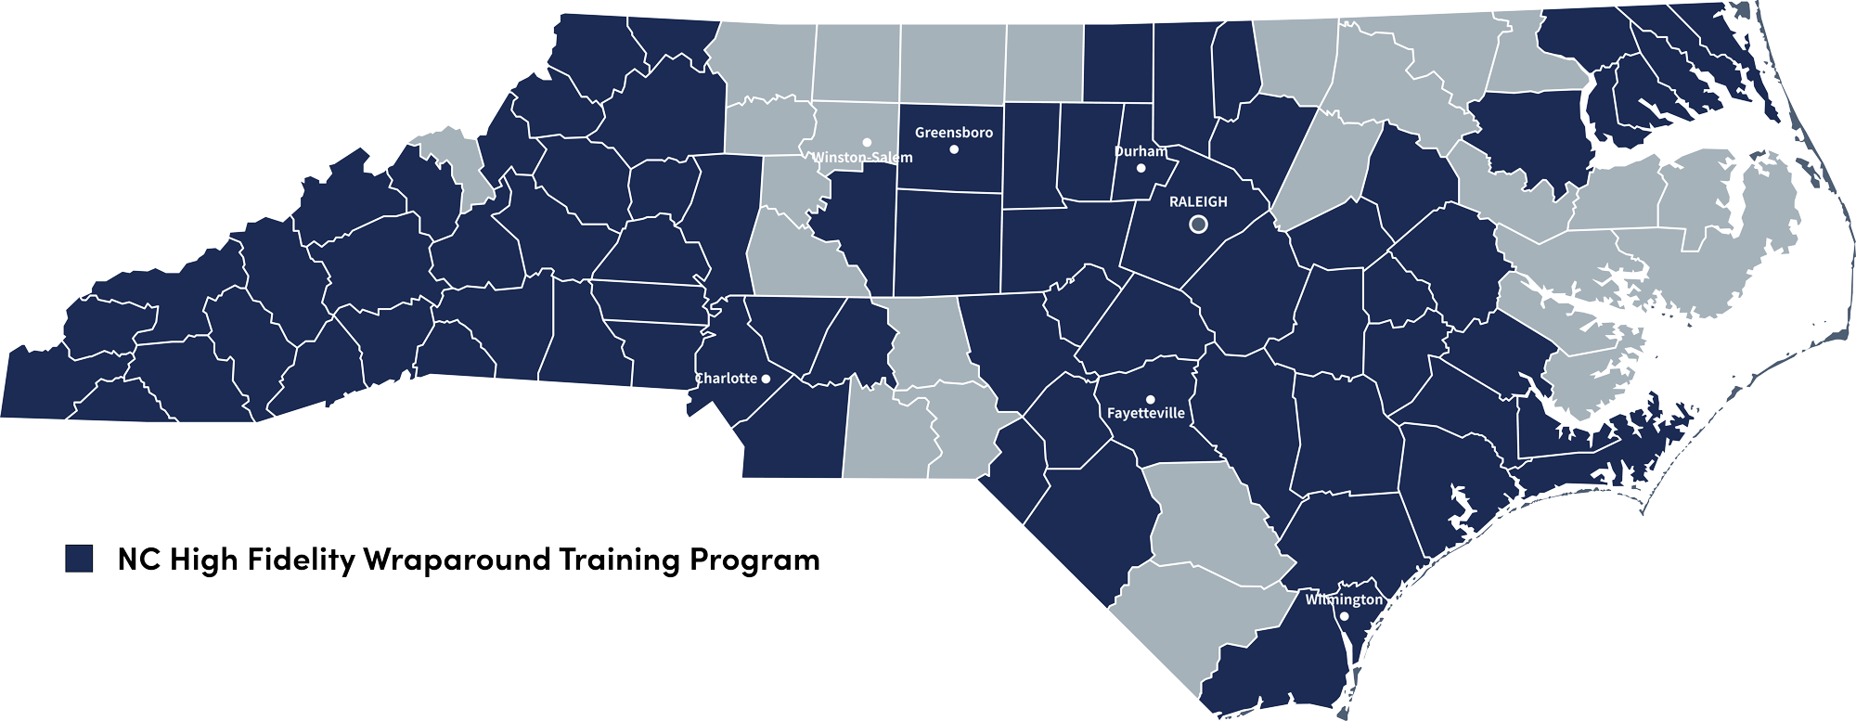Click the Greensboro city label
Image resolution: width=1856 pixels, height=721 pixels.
click(953, 133)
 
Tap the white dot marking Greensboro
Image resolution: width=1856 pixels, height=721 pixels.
click(954, 149)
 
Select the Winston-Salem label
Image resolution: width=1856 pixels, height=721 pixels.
click(862, 158)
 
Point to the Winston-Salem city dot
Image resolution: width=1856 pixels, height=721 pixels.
click(867, 142)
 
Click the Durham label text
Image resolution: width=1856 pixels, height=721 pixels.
click(1141, 151)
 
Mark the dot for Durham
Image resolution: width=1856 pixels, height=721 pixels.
click(1141, 168)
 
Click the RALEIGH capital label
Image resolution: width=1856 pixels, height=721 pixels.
click(1198, 201)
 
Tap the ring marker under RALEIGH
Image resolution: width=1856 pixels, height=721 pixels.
click(1198, 224)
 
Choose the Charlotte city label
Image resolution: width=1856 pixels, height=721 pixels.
click(726, 379)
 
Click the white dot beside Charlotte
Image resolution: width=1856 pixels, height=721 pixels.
click(766, 379)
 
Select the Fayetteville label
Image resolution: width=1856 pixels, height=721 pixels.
click(1146, 414)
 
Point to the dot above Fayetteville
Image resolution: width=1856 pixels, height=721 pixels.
click(1151, 399)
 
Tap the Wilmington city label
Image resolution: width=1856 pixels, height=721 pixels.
click(1344, 599)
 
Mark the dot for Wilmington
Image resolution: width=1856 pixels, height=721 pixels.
click(1345, 616)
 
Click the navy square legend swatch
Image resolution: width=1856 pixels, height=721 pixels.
click(79, 559)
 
